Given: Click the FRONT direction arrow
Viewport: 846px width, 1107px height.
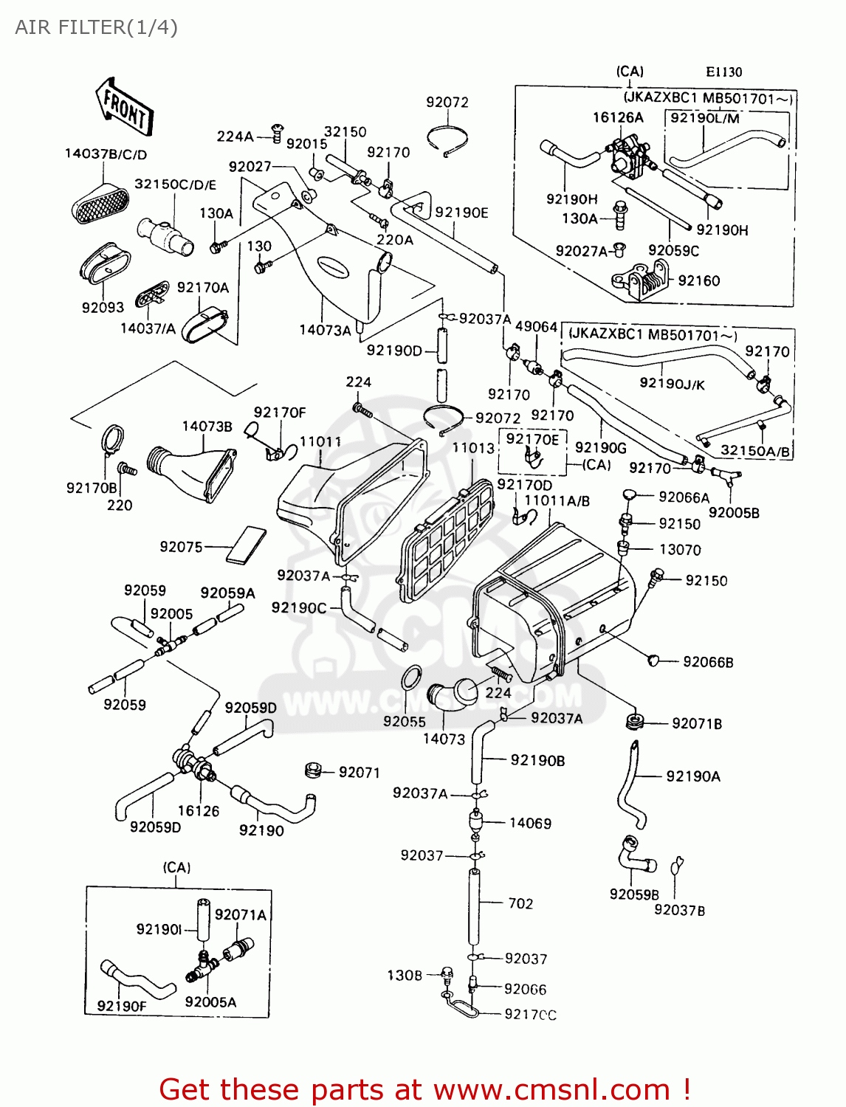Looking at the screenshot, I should pos(124,107).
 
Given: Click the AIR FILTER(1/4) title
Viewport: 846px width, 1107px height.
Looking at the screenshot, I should pos(96,27).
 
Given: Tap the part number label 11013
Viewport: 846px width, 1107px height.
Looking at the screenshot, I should pos(473,448).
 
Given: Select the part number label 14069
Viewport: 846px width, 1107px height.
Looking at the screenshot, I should pos(530,823).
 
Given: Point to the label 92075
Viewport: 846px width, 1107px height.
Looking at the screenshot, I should pos(181,547).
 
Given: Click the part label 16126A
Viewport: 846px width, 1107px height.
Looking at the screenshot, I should pos(618,117).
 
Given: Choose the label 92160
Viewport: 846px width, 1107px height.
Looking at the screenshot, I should pos(698,280).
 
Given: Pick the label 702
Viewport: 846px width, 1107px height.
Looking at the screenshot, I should pos(520,903).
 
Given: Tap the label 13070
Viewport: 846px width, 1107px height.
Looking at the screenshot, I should pos(680,550).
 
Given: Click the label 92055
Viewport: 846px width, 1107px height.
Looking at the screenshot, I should pos(405,721).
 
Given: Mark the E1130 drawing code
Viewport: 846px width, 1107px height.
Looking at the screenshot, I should pos(723,72).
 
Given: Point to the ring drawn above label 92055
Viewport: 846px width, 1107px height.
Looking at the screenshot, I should pos(410,678).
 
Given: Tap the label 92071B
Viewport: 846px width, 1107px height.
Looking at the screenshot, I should pos(696,723).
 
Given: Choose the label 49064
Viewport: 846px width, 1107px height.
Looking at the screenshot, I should pos(536,327).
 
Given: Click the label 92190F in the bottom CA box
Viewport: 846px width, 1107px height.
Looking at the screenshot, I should pos(122,1006).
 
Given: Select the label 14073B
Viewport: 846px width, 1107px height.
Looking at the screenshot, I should pos(207,427).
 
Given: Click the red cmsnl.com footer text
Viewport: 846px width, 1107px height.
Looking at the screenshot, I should pos(424,1089).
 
